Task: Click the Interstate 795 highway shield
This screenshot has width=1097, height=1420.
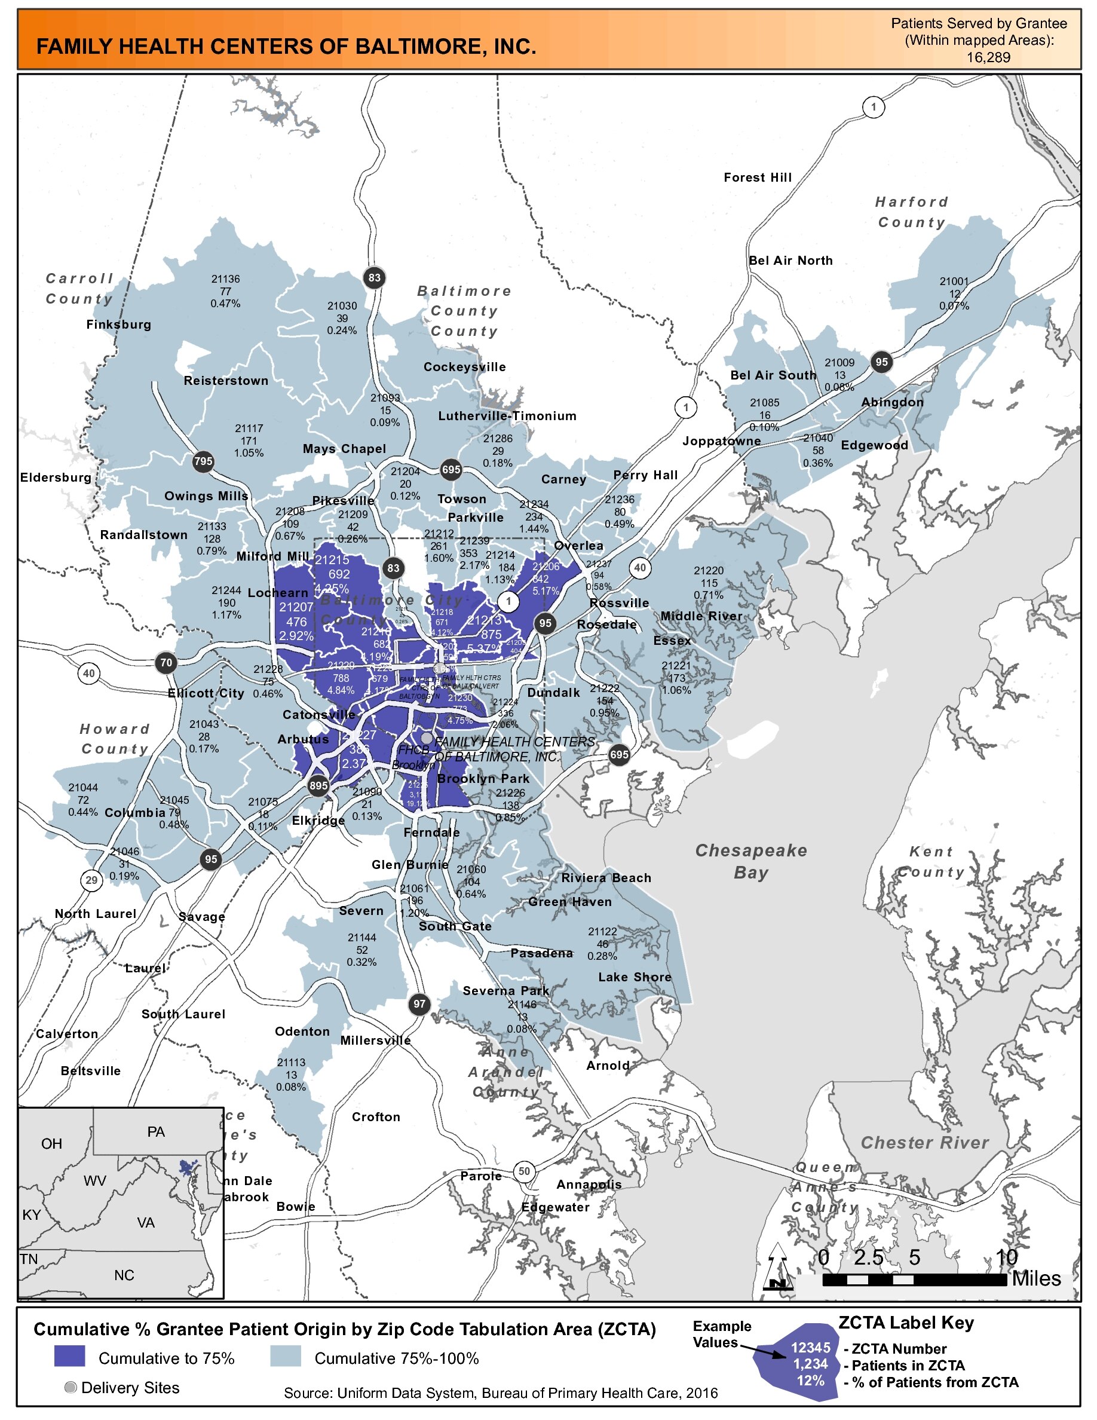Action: coord(203,461)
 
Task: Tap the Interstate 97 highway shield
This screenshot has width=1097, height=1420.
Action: coord(420,1004)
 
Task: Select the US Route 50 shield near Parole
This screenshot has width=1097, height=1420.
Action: coord(524,1171)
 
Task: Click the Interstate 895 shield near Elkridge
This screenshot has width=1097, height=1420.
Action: coord(318,785)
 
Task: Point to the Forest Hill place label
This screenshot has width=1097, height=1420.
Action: coord(758,177)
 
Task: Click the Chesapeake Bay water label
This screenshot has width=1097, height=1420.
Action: coord(751,861)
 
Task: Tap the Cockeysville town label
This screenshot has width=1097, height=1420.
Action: coord(465,367)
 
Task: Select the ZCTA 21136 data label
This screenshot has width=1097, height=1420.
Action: coord(225,291)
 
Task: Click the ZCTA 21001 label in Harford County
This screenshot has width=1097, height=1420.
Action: coord(954,293)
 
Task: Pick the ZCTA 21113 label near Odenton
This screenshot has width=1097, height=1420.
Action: coord(291,1075)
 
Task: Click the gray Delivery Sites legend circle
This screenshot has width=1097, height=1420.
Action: coord(71,1388)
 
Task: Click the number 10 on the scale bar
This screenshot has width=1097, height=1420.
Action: coord(1006,1258)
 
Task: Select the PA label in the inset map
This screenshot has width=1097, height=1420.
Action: coord(156,1132)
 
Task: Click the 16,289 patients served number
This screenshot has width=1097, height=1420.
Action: coord(988,57)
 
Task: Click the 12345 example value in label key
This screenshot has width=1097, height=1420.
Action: coord(810,1348)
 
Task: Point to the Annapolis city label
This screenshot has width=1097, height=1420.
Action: coord(589,1184)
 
